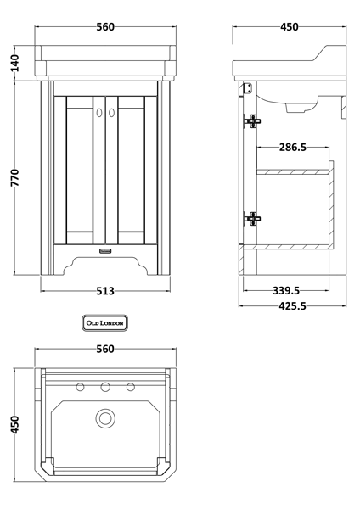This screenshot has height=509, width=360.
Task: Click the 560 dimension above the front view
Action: (x=105, y=26)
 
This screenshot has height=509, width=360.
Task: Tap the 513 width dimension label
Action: (x=105, y=291)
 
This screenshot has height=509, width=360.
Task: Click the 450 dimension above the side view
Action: (x=290, y=26)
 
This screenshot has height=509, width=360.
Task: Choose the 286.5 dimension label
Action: (x=292, y=148)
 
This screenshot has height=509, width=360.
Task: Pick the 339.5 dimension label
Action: (x=289, y=290)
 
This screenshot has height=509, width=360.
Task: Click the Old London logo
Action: (x=104, y=322)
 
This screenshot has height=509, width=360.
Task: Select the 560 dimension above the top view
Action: (x=105, y=349)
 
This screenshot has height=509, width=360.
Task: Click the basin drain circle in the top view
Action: (x=105, y=417)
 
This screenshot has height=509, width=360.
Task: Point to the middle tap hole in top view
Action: (x=105, y=389)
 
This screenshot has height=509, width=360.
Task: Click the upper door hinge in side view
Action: (x=251, y=120)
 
